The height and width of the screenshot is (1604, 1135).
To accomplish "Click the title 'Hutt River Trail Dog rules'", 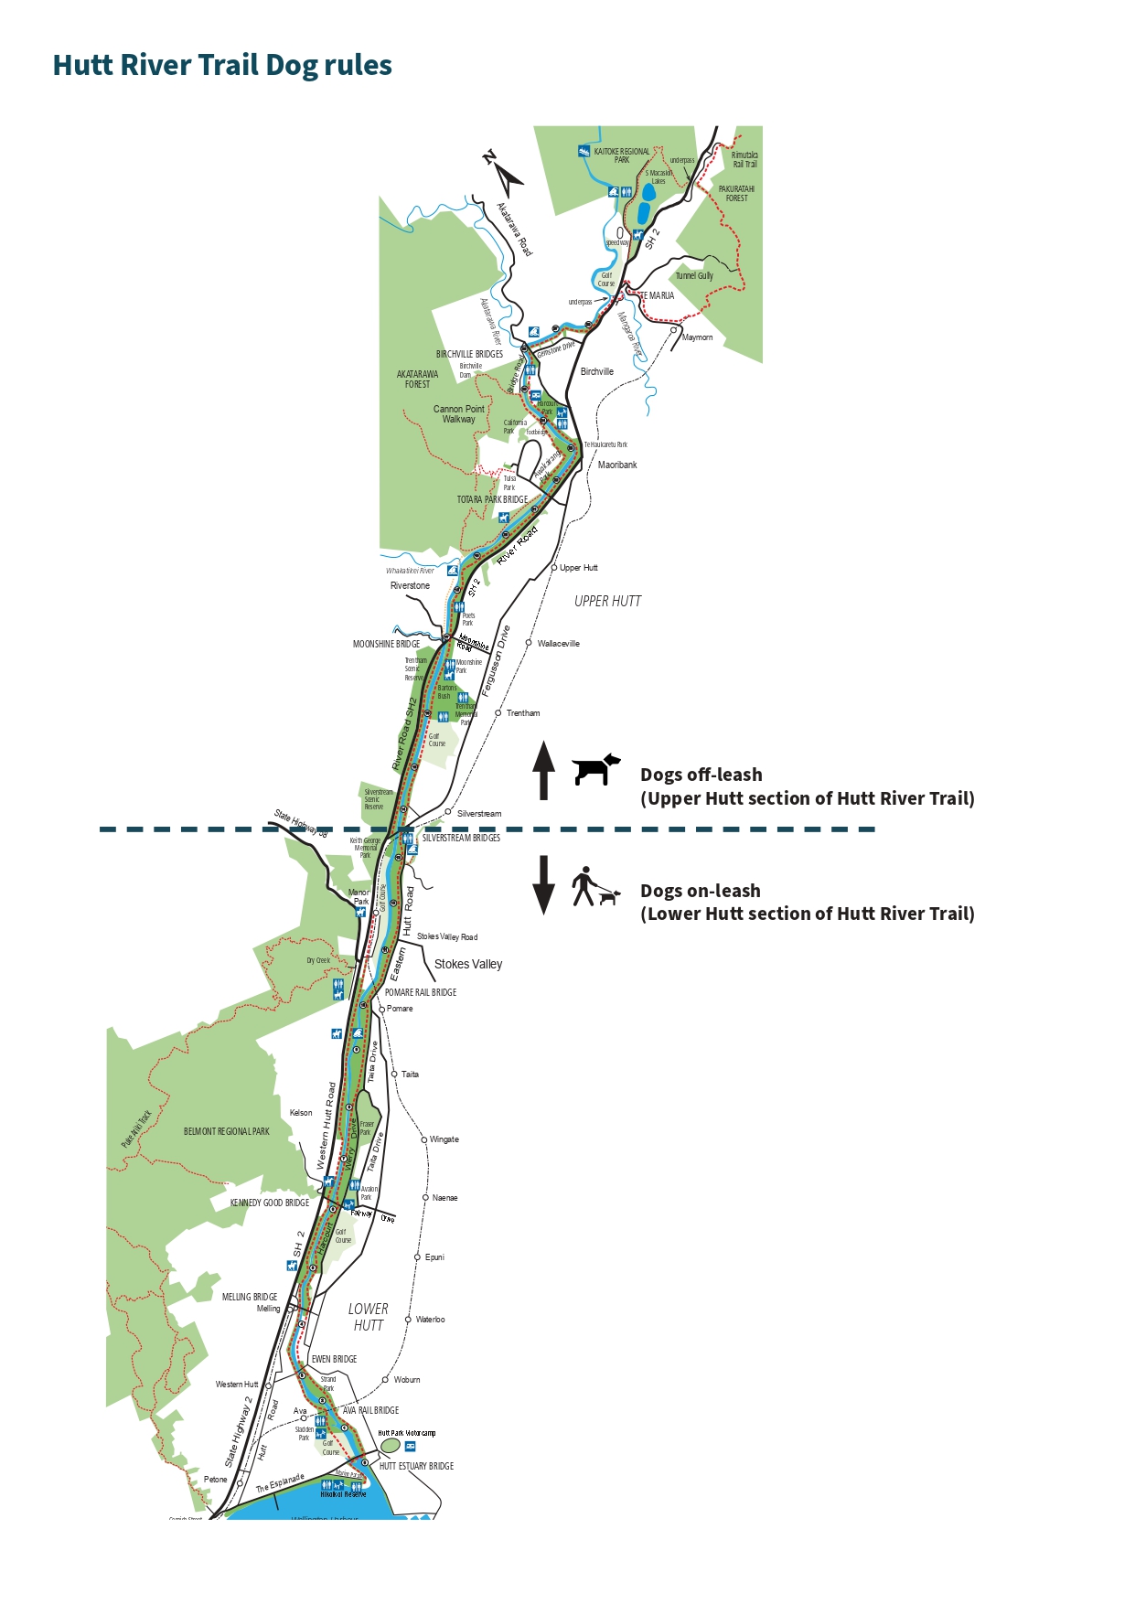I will pyautogui.click(x=222, y=65).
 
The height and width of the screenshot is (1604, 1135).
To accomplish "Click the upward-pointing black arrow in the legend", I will pyautogui.click(x=544, y=770).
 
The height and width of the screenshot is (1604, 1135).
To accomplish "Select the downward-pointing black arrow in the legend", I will pyautogui.click(x=544, y=884).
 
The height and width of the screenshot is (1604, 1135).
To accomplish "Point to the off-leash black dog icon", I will pyautogui.click(x=595, y=769).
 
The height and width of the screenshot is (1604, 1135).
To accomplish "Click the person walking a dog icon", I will pyautogui.click(x=594, y=887).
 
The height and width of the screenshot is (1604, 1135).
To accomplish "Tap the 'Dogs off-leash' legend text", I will pyautogui.click(x=701, y=775).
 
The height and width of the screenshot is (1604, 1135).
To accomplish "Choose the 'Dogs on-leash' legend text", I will pyautogui.click(x=700, y=891).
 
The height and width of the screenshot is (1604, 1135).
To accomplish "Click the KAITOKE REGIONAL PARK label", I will pyautogui.click(x=622, y=155).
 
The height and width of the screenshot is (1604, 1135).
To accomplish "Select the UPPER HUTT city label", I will pyautogui.click(x=607, y=601).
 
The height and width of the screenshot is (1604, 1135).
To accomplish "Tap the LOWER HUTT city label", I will pyautogui.click(x=369, y=1317).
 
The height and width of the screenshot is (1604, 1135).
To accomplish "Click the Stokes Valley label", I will pyautogui.click(x=468, y=964).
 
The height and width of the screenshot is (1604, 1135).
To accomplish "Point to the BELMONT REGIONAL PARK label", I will pyautogui.click(x=227, y=1131).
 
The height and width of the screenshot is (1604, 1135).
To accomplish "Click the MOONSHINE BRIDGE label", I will pyautogui.click(x=386, y=644).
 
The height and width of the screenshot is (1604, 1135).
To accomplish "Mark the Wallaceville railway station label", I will pyautogui.click(x=558, y=644).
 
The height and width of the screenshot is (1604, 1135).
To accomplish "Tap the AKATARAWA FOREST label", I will pyautogui.click(x=417, y=379).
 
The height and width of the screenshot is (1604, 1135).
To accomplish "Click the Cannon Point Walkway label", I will pyautogui.click(x=459, y=414).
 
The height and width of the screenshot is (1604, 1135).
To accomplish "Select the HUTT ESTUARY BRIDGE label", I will pyautogui.click(x=416, y=1466).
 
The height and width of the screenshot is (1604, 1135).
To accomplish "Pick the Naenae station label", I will pyautogui.click(x=444, y=1198).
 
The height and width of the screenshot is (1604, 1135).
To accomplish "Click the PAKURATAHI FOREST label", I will pyautogui.click(x=736, y=193).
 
